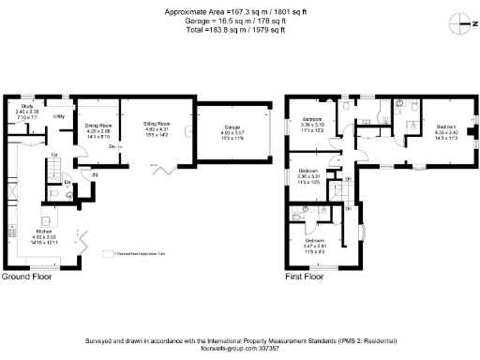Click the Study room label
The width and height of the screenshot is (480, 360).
28,108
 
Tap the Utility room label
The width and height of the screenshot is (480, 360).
58,117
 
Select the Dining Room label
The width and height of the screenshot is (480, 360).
98,125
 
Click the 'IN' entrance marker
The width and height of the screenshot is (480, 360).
95,173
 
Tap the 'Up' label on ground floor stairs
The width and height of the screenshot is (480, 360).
54,155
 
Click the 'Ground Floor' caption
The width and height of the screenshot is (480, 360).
26,277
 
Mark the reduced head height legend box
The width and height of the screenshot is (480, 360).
112,252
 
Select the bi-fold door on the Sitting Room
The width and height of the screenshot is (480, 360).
165,169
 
